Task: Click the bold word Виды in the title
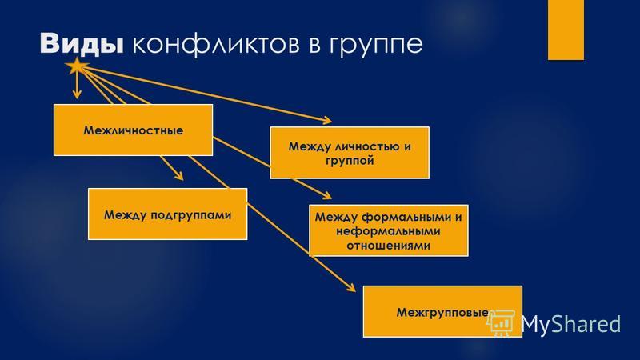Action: tap(82, 43)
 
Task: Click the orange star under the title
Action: tap(76, 66)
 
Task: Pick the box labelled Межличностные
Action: tap(133, 130)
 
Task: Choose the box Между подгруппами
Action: tap(167, 214)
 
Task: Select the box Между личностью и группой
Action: tap(350, 153)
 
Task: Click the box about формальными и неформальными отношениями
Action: tap(389, 230)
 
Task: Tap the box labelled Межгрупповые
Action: tap(442, 311)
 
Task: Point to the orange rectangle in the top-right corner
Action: tap(566, 30)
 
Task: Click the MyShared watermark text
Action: tap(570, 324)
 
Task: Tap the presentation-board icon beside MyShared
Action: tap(502, 323)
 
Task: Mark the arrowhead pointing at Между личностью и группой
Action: tap(327, 120)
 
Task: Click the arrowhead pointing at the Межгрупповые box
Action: tap(351, 288)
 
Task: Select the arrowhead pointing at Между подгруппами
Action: tap(178, 176)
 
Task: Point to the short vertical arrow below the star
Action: tap(77, 86)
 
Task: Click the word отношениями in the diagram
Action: tap(388, 246)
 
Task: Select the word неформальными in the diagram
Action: tap(388, 231)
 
